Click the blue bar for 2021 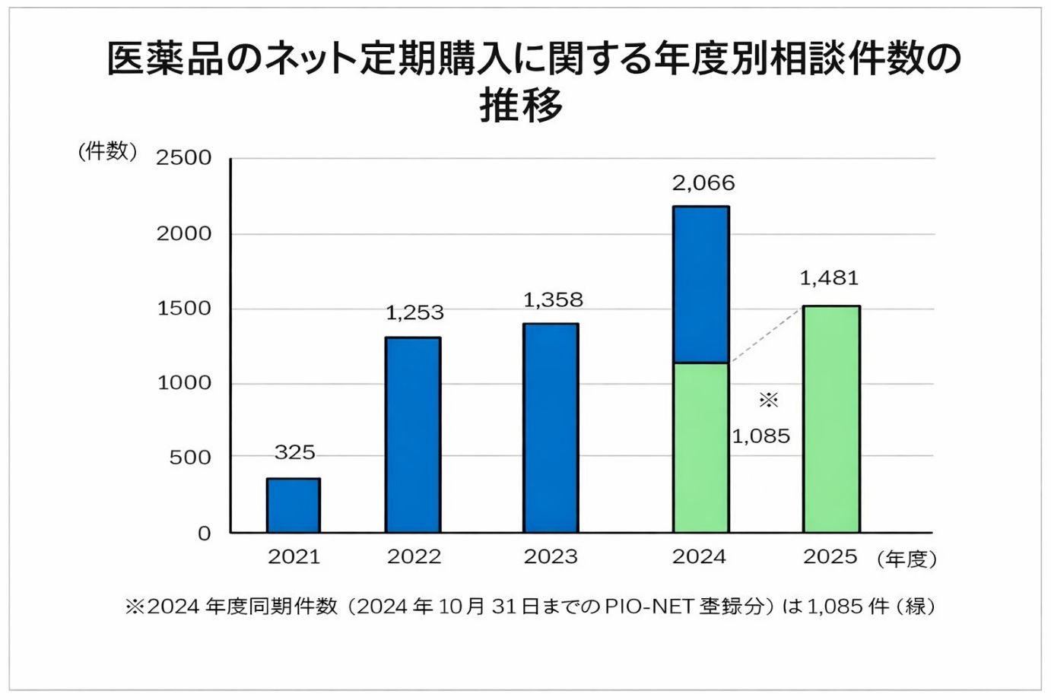tap(294, 505)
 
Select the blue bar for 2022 tap(413, 435)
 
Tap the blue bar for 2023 tap(551, 428)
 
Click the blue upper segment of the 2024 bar tap(700, 284)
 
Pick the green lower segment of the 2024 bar tap(700, 448)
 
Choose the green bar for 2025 tap(831, 419)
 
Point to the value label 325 tap(294, 453)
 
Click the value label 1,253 tap(414, 312)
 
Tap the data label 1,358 tap(553, 300)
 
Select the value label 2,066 tap(703, 183)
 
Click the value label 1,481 tap(829, 278)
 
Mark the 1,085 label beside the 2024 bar tap(760, 436)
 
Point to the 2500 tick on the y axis tap(183, 158)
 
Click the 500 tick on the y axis tap(190, 458)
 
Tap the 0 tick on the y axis tap(204, 534)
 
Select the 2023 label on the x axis tap(551, 557)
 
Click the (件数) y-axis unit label tap(107, 151)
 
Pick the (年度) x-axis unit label tap(907, 559)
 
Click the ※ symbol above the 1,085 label tap(768, 400)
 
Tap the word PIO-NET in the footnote tap(649, 607)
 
